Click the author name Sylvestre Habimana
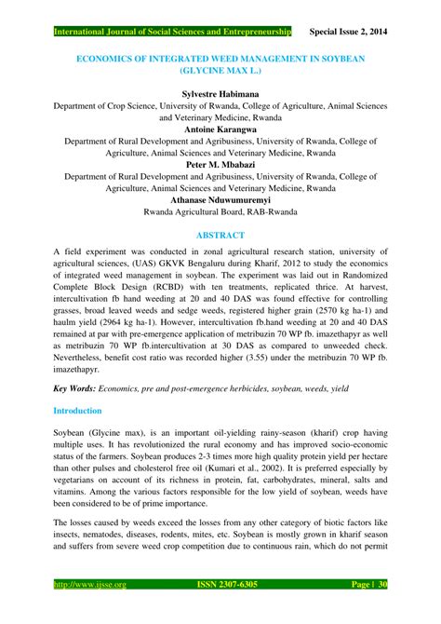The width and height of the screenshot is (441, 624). pyautogui.click(x=220, y=94)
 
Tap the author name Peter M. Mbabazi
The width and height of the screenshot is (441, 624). pyautogui.click(x=220, y=162)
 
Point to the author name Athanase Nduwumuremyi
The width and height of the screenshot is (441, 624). pyautogui.click(x=220, y=198)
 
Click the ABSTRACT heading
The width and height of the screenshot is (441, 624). pyautogui.click(x=220, y=235)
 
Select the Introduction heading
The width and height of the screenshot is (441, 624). pyautogui.click(x=85, y=410)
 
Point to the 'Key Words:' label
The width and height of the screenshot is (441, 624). pyautogui.click(x=81, y=385)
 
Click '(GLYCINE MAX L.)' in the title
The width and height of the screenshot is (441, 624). pyautogui.click(x=220, y=69)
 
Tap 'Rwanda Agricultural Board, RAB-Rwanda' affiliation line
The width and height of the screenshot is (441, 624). pyautogui.click(x=220, y=211)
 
